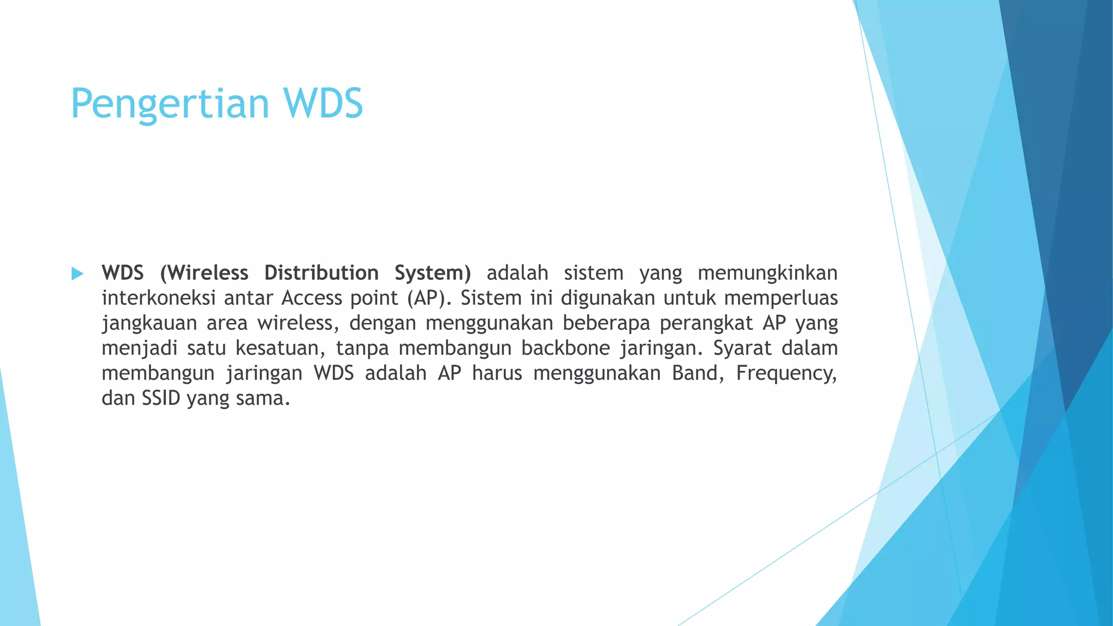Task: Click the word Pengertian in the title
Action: click(170, 104)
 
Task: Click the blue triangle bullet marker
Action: click(77, 273)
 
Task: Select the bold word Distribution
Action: click(321, 273)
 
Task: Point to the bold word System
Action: click(433, 273)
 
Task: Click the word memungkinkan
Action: click(767, 273)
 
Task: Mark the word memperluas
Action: click(781, 298)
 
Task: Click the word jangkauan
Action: click(149, 323)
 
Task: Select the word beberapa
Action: click(606, 323)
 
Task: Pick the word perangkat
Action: click(706, 323)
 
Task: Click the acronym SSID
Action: click(161, 398)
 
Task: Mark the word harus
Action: click(497, 373)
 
